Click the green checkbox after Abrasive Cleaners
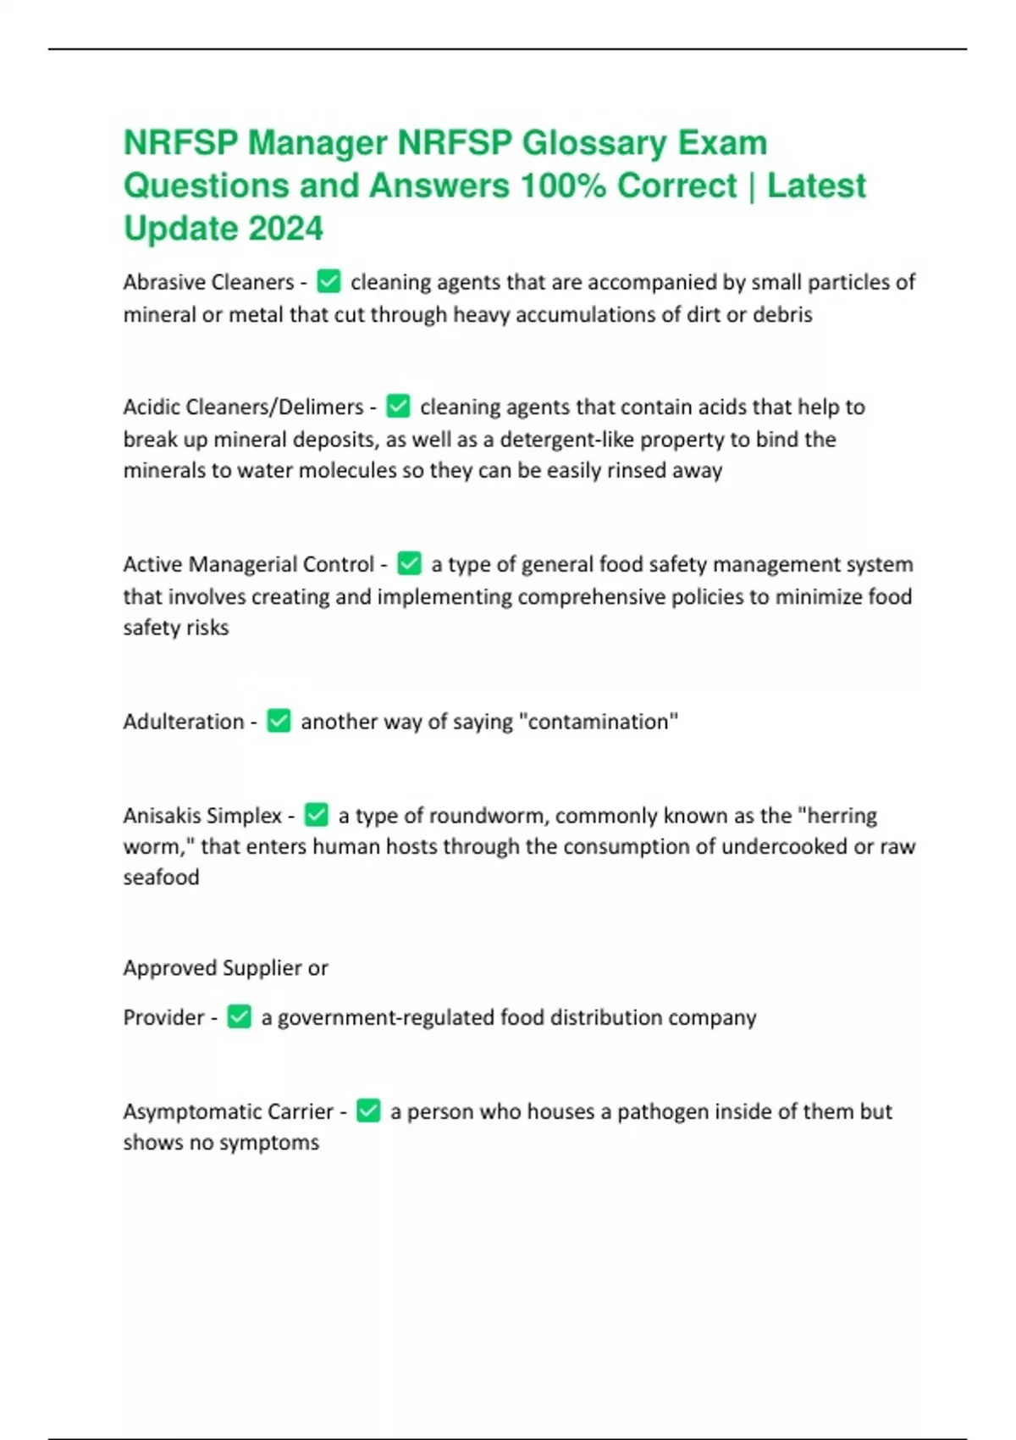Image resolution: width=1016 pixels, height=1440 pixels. point(329,281)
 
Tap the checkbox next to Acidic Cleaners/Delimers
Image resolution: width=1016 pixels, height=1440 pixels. point(398,407)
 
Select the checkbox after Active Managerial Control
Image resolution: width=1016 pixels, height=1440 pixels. point(409,563)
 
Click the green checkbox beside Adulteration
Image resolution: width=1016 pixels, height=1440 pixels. point(279,721)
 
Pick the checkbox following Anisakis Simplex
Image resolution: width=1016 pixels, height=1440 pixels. point(316,815)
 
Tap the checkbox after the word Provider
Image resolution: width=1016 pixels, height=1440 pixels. point(240,1016)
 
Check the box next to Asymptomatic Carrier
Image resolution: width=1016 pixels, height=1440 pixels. point(368,1110)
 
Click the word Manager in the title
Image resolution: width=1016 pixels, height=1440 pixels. point(317,143)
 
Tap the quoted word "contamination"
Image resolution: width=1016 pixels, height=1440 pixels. point(598,722)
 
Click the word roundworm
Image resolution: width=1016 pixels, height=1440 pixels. point(488,816)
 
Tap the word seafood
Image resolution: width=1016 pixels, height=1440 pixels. point(161,877)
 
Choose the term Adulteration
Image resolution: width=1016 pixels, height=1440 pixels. point(183,722)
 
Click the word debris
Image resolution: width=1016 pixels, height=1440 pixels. point(782,314)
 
